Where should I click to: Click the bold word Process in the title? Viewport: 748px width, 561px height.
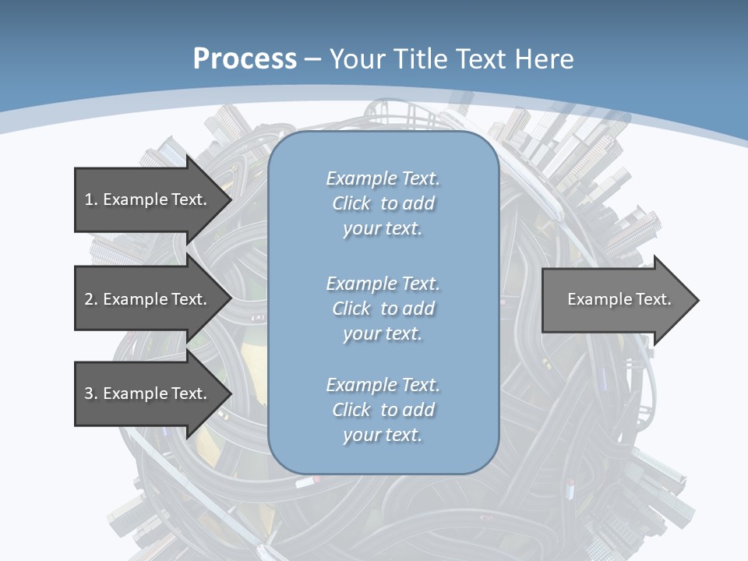coord(245,59)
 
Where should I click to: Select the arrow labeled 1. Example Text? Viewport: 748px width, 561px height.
coord(146,199)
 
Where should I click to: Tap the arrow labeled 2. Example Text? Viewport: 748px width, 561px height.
coord(146,299)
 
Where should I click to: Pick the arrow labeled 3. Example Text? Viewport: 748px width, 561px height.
coord(146,393)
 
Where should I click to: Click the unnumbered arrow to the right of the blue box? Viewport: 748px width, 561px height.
coord(619,299)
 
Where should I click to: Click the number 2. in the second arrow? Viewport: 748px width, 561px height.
coord(91,299)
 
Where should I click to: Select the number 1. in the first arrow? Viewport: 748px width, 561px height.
coord(91,199)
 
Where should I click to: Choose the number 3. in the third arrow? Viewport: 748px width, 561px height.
coord(91,393)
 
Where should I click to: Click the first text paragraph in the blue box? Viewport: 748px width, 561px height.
coord(383,203)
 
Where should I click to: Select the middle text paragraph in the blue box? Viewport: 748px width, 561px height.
coord(383,309)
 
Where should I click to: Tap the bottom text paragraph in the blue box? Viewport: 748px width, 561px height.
coord(383,410)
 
